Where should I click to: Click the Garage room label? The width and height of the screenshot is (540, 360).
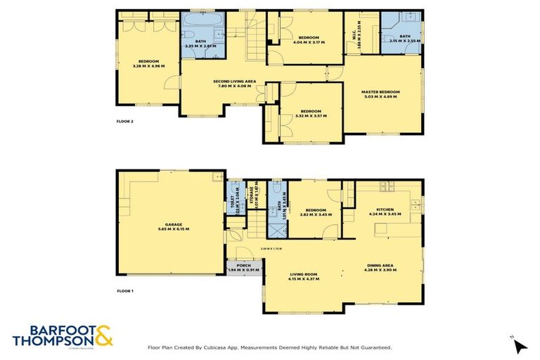coord(173,224)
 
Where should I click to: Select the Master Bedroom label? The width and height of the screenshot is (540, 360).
coord(380,91)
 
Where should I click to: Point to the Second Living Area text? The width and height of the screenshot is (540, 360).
coord(234,82)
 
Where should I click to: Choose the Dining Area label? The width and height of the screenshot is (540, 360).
coord(378,265)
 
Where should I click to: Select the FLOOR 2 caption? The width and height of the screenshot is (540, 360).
coord(125,122)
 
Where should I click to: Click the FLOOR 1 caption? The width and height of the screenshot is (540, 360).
coord(125,290)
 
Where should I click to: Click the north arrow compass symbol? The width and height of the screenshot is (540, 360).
coord(519,345)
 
